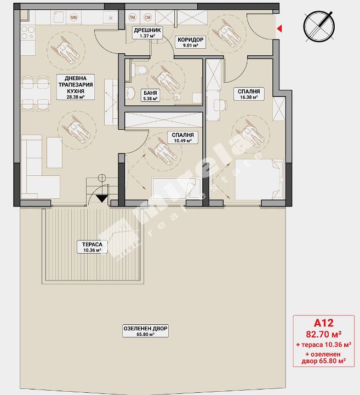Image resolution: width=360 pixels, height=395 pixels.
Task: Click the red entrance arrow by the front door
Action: point(279,28)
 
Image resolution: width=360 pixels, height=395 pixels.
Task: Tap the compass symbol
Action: point(319,26)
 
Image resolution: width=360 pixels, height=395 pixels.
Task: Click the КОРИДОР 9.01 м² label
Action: point(191,42)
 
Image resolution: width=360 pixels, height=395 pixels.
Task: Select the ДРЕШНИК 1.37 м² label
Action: point(147,32)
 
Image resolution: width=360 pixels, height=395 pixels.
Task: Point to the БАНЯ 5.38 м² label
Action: point(150,95)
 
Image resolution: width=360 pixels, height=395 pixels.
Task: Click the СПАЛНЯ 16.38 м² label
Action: point(249,94)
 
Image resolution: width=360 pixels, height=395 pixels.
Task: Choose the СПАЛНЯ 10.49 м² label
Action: point(182,138)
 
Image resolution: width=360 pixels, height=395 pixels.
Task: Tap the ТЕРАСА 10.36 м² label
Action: point(92,247)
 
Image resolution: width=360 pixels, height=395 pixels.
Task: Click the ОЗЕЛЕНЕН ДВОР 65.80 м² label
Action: point(145,331)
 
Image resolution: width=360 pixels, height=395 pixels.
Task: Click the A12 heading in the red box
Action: point(323,323)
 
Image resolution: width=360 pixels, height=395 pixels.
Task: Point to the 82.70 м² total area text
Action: point(324,334)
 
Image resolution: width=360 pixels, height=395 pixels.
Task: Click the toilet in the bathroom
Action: point(140,70)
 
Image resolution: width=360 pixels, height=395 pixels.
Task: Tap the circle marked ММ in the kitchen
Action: point(73,18)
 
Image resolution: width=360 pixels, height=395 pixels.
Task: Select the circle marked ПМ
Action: point(132,18)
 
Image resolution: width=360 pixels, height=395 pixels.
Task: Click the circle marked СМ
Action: point(148,18)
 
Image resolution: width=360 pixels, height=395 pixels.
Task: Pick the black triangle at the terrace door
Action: point(102,199)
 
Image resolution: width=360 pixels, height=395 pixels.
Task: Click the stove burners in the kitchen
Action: point(27,33)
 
